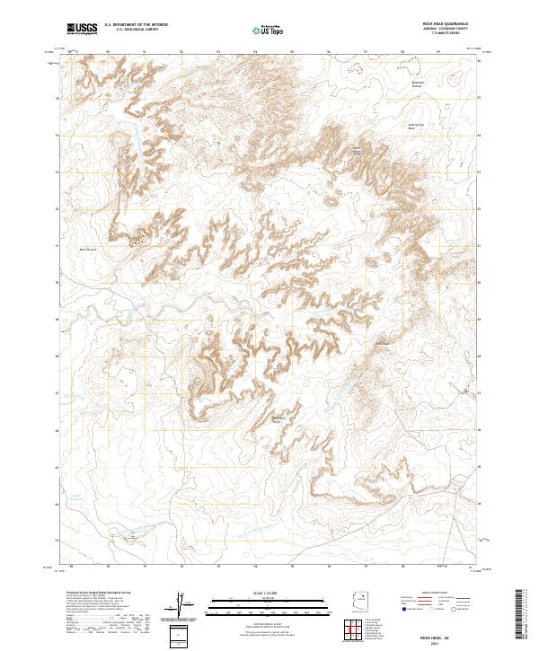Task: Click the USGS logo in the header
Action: [x=82, y=30]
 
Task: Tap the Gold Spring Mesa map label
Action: [x=415, y=127]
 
